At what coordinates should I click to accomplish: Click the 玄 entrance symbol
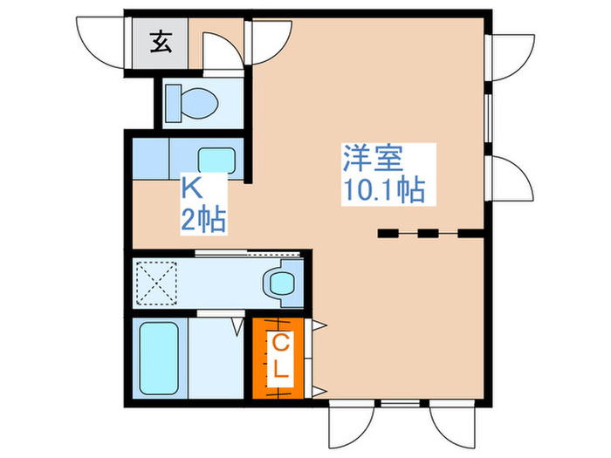[x=161, y=40]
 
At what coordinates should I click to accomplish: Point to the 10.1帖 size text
[x=383, y=190]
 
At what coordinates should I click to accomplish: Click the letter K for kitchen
[x=192, y=188]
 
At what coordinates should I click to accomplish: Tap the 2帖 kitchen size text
[x=203, y=218]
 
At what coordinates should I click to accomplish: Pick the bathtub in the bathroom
[x=160, y=358]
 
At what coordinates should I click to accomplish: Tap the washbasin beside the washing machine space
[x=281, y=283]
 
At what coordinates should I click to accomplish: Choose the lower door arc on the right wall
[x=511, y=178]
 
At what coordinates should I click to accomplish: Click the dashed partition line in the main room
[x=429, y=233]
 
